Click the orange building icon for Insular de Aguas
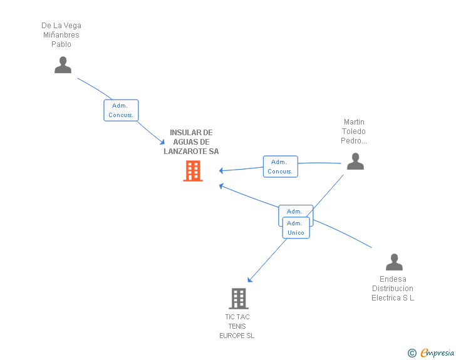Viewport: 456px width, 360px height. click(193, 171)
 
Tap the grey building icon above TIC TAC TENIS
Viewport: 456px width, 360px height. click(239, 299)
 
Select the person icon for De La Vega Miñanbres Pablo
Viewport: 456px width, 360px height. click(63, 65)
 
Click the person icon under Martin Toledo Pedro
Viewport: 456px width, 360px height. click(355, 161)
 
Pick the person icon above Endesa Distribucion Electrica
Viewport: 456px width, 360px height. click(395, 262)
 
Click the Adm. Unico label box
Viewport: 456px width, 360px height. click(296, 228)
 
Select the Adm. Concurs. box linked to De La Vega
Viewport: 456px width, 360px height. click(121, 110)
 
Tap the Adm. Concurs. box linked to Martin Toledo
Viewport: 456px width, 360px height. click(281, 167)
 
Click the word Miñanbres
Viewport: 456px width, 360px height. click(61, 35)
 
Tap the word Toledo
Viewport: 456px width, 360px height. click(354, 131)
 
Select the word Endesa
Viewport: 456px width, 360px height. click(393, 279)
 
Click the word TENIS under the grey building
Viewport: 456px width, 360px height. click(237, 326)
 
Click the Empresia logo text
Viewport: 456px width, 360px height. click(437, 352)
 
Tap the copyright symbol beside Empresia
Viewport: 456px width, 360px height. click(412, 353)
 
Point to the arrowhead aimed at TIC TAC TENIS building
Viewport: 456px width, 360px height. click(249, 280)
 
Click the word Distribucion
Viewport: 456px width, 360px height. click(393, 289)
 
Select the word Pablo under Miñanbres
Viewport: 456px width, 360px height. click(61, 44)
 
